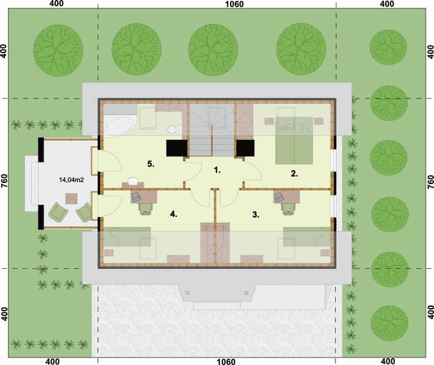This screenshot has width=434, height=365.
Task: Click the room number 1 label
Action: (x=217, y=170)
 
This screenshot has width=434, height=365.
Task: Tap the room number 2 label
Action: (x=294, y=174)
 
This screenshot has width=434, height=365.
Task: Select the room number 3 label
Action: (x=255, y=214)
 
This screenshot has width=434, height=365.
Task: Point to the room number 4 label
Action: (x=174, y=214)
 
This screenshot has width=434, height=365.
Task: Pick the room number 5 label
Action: (x=151, y=164)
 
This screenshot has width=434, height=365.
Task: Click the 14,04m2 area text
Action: (x=71, y=180)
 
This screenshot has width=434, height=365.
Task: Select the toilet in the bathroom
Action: (x=174, y=130)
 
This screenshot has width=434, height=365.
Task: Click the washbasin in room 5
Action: (x=133, y=182)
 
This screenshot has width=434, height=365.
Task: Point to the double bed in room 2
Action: (x=294, y=140)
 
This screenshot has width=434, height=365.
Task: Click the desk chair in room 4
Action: (x=145, y=208)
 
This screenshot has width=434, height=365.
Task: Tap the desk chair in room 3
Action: (x=288, y=208)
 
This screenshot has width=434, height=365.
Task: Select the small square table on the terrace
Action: (x=71, y=199)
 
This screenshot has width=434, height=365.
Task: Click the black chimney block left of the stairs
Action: (x=177, y=148)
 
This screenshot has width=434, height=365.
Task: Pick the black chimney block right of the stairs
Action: (x=246, y=148)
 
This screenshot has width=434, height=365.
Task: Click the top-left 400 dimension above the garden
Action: (x=57, y=4)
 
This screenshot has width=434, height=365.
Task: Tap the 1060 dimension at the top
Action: (x=234, y=4)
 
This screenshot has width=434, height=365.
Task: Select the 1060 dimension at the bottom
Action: (x=226, y=361)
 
